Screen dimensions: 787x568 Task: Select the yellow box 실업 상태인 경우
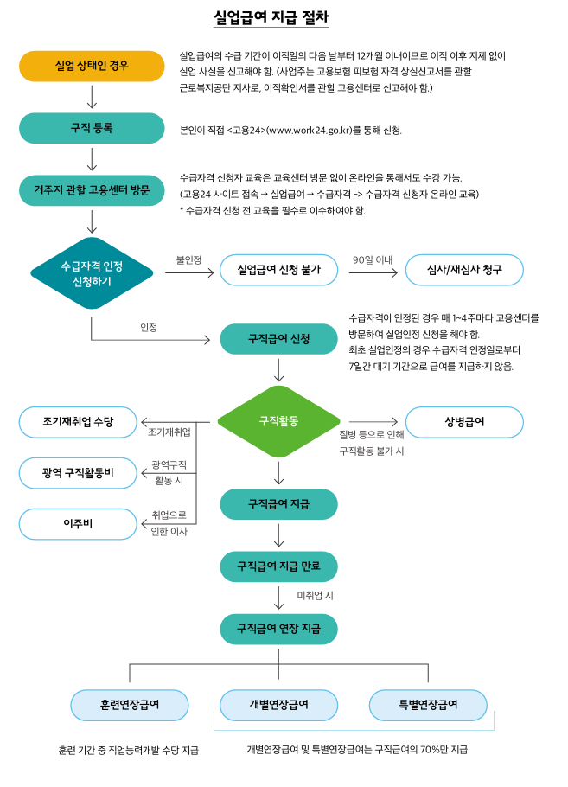click(x=92, y=66)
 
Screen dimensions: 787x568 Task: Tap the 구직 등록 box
click(x=92, y=128)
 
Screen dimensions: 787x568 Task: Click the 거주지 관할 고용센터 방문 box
click(x=92, y=190)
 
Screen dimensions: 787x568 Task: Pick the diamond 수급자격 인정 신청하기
click(x=92, y=272)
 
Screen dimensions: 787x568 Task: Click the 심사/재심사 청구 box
click(x=464, y=270)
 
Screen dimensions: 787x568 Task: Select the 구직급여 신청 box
click(x=278, y=338)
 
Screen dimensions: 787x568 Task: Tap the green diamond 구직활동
click(x=278, y=421)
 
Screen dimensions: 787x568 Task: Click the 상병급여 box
click(x=464, y=421)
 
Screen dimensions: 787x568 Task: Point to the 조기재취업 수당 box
click(x=78, y=421)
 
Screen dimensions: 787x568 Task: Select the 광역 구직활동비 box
click(x=78, y=473)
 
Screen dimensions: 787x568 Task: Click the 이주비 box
click(x=78, y=524)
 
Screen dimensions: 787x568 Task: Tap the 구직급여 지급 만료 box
click(x=278, y=566)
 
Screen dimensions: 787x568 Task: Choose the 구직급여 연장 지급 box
click(x=278, y=628)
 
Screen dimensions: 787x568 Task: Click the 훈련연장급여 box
click(x=130, y=705)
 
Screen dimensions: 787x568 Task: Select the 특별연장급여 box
click(x=428, y=705)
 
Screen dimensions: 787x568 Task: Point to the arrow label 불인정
click(x=188, y=259)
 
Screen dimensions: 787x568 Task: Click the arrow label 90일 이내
click(x=373, y=259)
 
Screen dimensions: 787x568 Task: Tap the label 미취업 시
click(x=315, y=596)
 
